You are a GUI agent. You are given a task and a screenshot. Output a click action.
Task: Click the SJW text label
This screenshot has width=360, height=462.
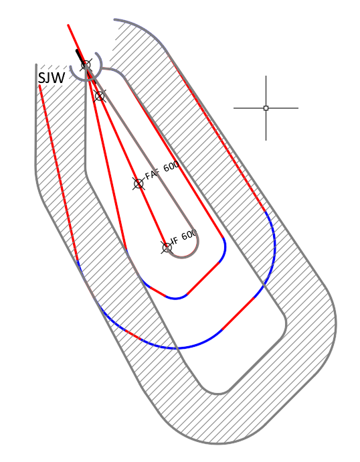pyautogui.click(x=52, y=78)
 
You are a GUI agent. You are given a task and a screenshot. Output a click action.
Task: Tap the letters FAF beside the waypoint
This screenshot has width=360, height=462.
pyautogui.click(x=153, y=173)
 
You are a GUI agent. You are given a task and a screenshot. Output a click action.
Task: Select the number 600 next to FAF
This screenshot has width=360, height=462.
pyautogui.click(x=171, y=166)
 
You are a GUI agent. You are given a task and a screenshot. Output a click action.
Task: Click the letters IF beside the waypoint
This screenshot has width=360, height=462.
pyautogui.click(x=175, y=240)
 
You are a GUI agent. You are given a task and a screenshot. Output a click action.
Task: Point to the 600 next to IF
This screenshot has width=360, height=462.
pyautogui.click(x=189, y=235)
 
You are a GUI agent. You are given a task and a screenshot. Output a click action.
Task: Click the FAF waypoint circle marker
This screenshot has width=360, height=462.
pyautogui.click(x=139, y=184)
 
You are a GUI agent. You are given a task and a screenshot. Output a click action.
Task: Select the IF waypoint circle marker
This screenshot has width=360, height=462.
pyautogui.click(x=167, y=248)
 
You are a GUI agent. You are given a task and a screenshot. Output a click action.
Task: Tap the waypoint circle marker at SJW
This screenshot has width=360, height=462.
pyautogui.click(x=86, y=64)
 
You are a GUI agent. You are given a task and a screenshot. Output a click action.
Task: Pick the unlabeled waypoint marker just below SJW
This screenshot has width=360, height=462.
pyautogui.click(x=100, y=96)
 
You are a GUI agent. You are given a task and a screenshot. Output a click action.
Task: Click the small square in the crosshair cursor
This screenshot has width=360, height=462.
pyautogui.click(x=266, y=108)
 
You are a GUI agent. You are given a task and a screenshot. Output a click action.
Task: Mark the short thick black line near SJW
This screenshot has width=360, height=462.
pyautogui.click(x=80, y=56)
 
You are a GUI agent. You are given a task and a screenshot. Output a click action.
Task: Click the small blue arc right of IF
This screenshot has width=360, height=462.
pyautogui.click(x=223, y=250)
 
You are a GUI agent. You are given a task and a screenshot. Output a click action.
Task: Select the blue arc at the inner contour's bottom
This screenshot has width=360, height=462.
pyautogui.click(x=176, y=299)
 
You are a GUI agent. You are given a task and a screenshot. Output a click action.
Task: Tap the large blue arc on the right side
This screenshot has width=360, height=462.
pyautogui.click(x=274, y=253)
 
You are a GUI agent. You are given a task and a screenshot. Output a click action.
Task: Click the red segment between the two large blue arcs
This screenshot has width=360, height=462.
pyautogui.click(x=238, y=313)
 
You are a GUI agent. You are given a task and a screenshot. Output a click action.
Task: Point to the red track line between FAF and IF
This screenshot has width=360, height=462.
pyautogui.click(x=153, y=216)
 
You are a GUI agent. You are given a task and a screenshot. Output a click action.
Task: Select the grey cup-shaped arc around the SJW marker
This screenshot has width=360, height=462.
pyautogui.click(x=86, y=72)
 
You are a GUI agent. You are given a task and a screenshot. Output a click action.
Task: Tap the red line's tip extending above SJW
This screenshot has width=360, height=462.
pyautogui.click(x=68, y=25)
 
